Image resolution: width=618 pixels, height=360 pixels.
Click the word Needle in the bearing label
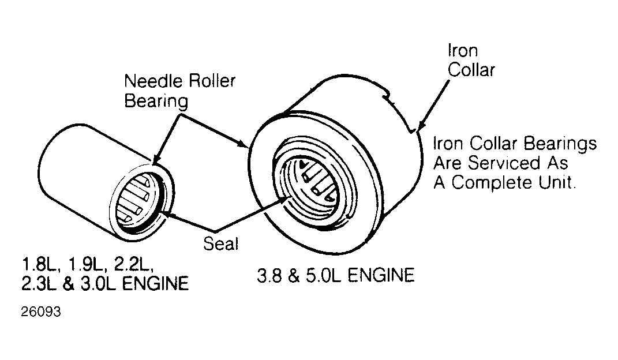click(x=154, y=81)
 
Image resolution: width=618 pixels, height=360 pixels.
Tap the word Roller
click(x=212, y=81)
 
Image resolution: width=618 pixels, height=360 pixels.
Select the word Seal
click(x=220, y=244)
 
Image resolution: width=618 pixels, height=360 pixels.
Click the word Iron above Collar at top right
click(x=463, y=51)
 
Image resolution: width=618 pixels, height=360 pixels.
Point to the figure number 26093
click(x=41, y=312)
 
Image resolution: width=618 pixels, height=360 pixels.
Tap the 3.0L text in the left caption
click(x=98, y=284)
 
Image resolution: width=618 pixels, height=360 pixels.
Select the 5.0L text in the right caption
click(x=323, y=275)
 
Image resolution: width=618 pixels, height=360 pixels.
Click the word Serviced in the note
click(x=504, y=163)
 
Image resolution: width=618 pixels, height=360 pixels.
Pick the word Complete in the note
click(x=490, y=183)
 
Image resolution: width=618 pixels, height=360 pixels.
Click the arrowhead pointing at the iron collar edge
click(x=421, y=125)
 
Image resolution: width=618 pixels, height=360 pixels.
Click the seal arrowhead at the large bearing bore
click(x=286, y=199)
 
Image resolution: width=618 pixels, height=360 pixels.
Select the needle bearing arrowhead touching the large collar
click(x=243, y=144)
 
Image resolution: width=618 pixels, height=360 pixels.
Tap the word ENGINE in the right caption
click(x=381, y=275)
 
